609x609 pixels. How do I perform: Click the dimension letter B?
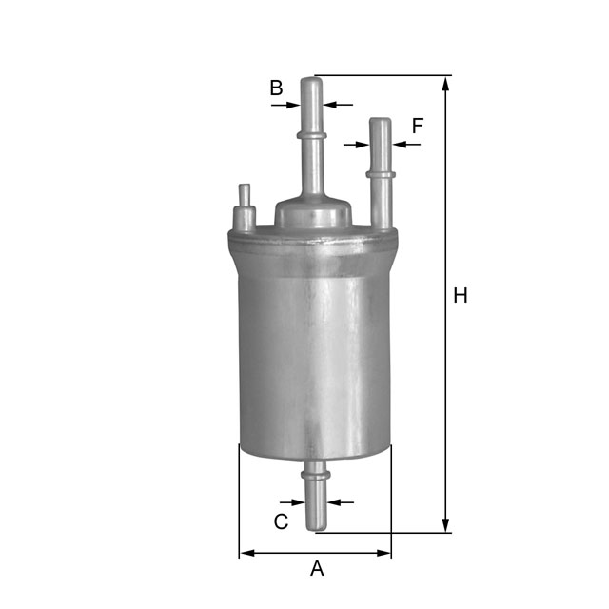(276, 88)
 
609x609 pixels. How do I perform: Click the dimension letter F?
(417, 125)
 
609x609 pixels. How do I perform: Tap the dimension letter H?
(461, 296)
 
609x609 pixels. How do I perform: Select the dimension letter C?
(281, 521)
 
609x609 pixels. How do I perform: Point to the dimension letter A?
(317, 569)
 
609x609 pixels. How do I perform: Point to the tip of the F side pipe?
(381, 121)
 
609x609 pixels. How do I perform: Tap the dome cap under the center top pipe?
(312, 210)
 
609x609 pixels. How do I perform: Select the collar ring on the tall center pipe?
(312, 137)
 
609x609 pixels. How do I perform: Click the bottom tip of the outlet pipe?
(315, 528)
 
